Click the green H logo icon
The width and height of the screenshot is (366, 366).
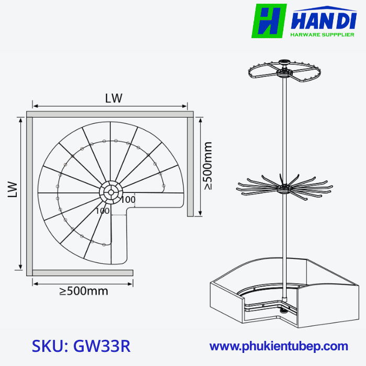tap(269, 21)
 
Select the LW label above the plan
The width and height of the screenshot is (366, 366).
tap(113, 98)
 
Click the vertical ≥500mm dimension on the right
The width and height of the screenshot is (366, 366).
tap(208, 165)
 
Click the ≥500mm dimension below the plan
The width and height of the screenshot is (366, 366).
tap(84, 291)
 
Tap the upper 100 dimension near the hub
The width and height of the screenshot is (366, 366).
tap(128, 199)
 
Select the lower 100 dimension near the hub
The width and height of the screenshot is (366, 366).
tap(102, 211)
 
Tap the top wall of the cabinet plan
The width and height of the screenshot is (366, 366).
tap(110, 113)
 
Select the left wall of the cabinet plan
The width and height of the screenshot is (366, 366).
tap(30, 193)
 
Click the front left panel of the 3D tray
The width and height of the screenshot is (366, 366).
tap(226, 306)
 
